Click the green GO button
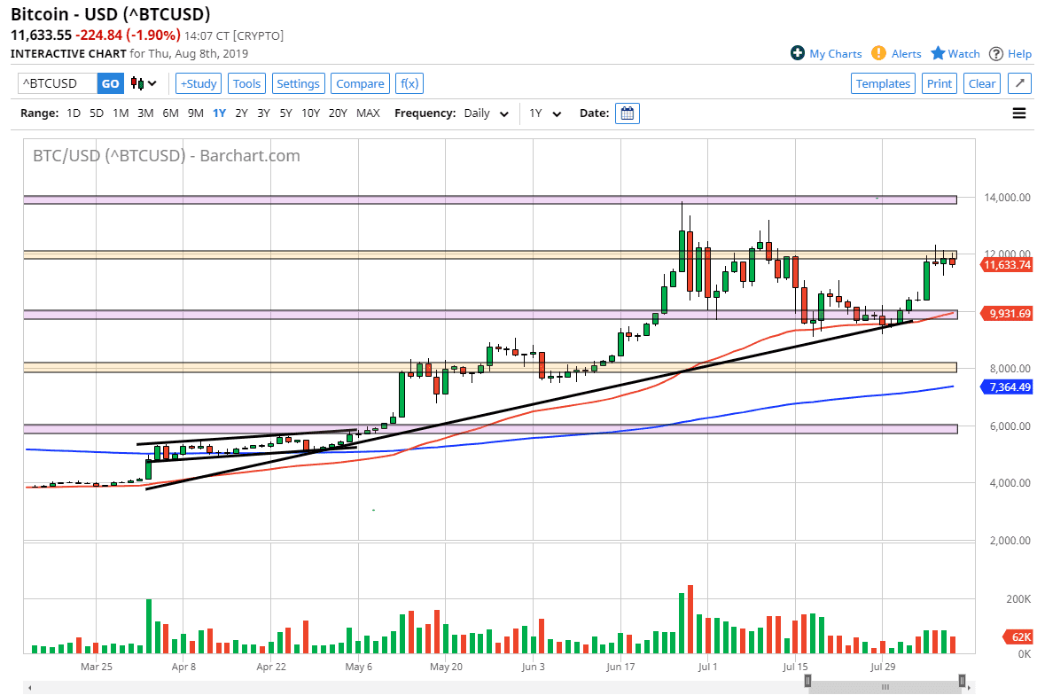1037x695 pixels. pyautogui.click(x=110, y=83)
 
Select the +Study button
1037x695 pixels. pyautogui.click(x=199, y=83)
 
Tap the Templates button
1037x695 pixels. pyautogui.click(x=883, y=83)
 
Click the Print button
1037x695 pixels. pyautogui.click(x=939, y=83)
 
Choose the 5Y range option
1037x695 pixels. pyautogui.click(x=285, y=113)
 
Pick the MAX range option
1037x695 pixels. pyautogui.click(x=368, y=113)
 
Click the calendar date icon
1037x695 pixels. pyautogui.click(x=628, y=113)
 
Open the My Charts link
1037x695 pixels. pyautogui.click(x=826, y=54)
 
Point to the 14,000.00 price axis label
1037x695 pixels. pyautogui.click(x=1006, y=198)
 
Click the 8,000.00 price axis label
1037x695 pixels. pyautogui.click(x=1006, y=369)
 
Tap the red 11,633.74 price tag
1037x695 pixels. pyautogui.click(x=1007, y=264)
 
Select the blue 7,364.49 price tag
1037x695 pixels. pyautogui.click(x=1007, y=387)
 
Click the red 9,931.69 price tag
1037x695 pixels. pyautogui.click(x=1007, y=313)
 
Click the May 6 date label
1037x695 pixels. pyautogui.click(x=359, y=667)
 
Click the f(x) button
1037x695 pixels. pyautogui.click(x=409, y=83)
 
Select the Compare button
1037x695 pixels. pyautogui.click(x=360, y=83)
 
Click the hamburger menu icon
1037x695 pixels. pyautogui.click(x=1019, y=113)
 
